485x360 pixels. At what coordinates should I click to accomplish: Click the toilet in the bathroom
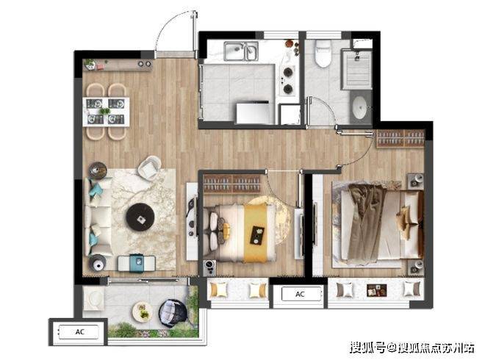coord(323,54)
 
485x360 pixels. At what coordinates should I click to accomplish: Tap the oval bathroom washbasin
coord(359,107)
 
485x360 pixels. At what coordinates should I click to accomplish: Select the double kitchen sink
coord(241,51)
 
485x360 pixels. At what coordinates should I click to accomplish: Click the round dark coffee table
coord(141,217)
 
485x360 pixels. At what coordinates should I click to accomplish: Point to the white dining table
coord(106,112)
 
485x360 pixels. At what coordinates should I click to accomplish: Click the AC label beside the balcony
coord(79,332)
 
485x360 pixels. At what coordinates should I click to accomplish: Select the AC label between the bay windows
coord(300,294)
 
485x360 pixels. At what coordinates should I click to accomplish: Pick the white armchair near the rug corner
coord(149,168)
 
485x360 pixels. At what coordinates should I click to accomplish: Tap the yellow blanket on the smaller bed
coord(256,232)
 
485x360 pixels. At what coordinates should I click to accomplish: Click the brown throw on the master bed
coord(367,222)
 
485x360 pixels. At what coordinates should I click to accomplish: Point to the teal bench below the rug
coord(137,263)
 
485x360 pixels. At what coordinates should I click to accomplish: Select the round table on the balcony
coord(143,312)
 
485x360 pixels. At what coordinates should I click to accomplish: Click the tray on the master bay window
coord(377,291)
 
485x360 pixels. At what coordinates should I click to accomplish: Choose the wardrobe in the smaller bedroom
coord(232,184)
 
